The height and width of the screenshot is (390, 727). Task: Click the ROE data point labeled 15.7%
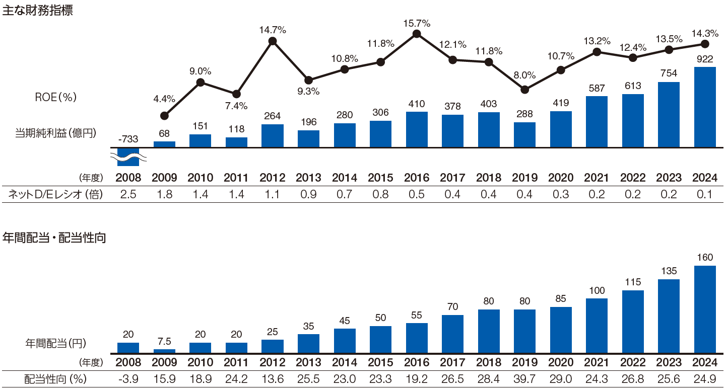[x=417, y=34]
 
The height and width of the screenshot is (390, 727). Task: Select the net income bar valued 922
[x=705, y=107]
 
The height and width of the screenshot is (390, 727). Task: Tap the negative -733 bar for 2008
[x=128, y=157]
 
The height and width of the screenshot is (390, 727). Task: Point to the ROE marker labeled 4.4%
[x=164, y=116]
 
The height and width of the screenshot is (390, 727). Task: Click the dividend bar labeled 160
[x=705, y=309]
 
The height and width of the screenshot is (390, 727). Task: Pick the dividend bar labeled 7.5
[x=164, y=351]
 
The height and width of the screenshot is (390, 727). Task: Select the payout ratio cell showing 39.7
[x=524, y=379]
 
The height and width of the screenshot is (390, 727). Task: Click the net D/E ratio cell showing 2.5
[x=128, y=195]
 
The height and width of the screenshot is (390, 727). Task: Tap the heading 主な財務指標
[x=38, y=11]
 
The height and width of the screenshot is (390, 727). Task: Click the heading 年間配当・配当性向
[x=54, y=238]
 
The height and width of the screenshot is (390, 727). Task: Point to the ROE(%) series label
[x=55, y=98]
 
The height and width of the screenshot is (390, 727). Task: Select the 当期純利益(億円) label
[x=55, y=133]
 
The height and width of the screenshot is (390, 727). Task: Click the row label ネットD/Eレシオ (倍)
[x=55, y=195]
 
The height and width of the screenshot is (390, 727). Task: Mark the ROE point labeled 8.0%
[x=524, y=90]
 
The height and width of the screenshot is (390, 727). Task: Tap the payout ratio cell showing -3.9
[x=128, y=379]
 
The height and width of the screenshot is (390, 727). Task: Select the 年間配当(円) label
[x=55, y=343]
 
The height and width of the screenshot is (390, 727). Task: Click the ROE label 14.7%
[x=273, y=30]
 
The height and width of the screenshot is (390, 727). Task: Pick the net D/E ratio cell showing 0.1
[x=705, y=195]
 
